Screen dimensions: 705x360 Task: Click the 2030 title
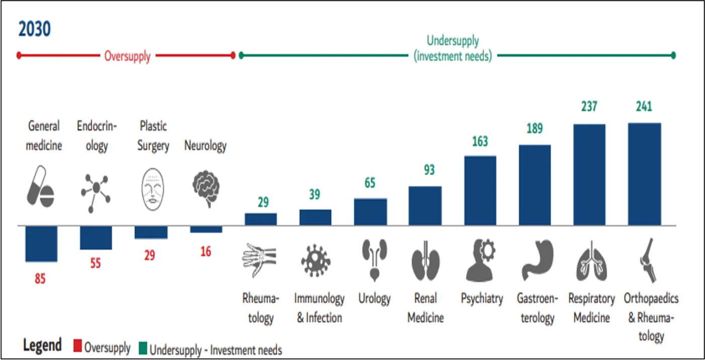pyautogui.click(x=34, y=29)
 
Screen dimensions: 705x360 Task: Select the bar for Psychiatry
pyautogui.click(x=480, y=190)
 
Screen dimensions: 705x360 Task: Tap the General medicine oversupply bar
pyautogui.click(x=41, y=244)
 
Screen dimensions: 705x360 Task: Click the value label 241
pyautogui.click(x=644, y=106)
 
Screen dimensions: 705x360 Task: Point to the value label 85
pyautogui.click(x=40, y=278)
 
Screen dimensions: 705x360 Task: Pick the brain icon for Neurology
pyautogui.click(x=206, y=188)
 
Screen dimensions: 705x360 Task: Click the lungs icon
pyautogui.click(x=591, y=261)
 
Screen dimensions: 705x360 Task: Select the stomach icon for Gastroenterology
pyautogui.click(x=537, y=260)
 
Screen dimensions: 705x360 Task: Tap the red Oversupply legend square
pyautogui.click(x=78, y=345)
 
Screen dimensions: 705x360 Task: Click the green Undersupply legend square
pyautogui.click(x=143, y=348)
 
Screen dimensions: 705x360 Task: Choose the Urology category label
pyautogui.click(x=374, y=298)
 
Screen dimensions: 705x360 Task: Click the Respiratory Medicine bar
pyautogui.click(x=589, y=175)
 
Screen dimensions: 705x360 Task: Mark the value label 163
pyautogui.click(x=480, y=141)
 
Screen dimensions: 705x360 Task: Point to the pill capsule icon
pyautogui.click(x=41, y=187)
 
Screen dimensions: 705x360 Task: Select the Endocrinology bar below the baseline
pyautogui.click(x=96, y=238)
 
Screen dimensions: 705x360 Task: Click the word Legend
pyautogui.click(x=42, y=345)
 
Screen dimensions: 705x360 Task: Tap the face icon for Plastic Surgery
pyautogui.click(x=152, y=189)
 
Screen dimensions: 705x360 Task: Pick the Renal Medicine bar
pyautogui.click(x=425, y=206)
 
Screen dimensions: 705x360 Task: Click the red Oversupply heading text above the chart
pyautogui.click(x=127, y=56)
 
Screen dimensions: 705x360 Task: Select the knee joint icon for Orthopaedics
pyautogui.click(x=649, y=260)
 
